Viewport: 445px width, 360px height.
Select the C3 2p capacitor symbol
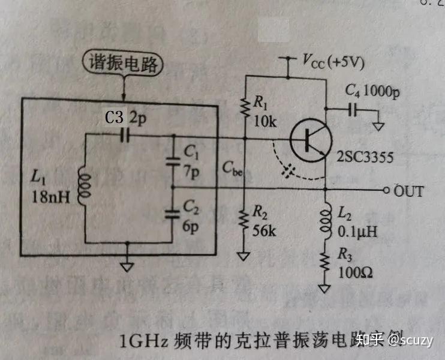(125, 136)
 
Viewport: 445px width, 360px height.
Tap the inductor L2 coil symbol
(326, 219)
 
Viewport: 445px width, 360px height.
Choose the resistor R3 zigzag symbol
(326, 261)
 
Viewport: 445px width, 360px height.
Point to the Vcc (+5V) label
(333, 61)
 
